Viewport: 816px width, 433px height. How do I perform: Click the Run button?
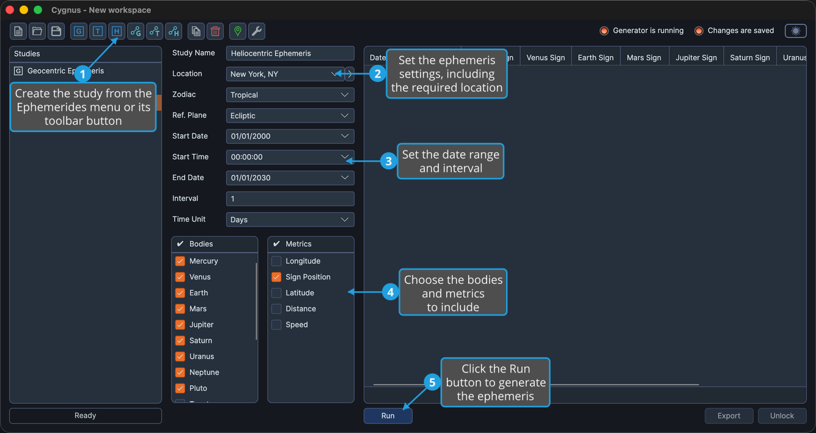388,415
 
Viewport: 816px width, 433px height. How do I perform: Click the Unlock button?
782,415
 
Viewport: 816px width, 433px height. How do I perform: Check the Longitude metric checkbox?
276,261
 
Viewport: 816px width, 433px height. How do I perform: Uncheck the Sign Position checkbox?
276,277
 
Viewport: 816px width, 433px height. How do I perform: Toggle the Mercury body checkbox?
180,261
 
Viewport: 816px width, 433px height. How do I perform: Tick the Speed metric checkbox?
276,324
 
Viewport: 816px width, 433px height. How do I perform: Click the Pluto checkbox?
180,388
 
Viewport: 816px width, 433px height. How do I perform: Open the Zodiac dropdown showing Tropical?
290,95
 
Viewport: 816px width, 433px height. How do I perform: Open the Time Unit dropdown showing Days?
290,220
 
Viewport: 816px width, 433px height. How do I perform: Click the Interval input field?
290,199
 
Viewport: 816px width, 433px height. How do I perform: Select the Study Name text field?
290,53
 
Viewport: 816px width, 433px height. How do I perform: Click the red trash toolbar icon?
215,31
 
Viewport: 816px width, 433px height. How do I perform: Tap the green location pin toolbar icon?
238,31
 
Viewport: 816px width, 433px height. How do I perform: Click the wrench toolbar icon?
257,31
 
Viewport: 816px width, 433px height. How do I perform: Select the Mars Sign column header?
644,57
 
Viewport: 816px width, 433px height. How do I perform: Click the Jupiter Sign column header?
696,57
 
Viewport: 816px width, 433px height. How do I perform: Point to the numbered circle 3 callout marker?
389,161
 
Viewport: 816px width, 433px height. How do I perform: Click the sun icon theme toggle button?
796,31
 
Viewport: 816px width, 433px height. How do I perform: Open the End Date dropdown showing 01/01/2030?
290,178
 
